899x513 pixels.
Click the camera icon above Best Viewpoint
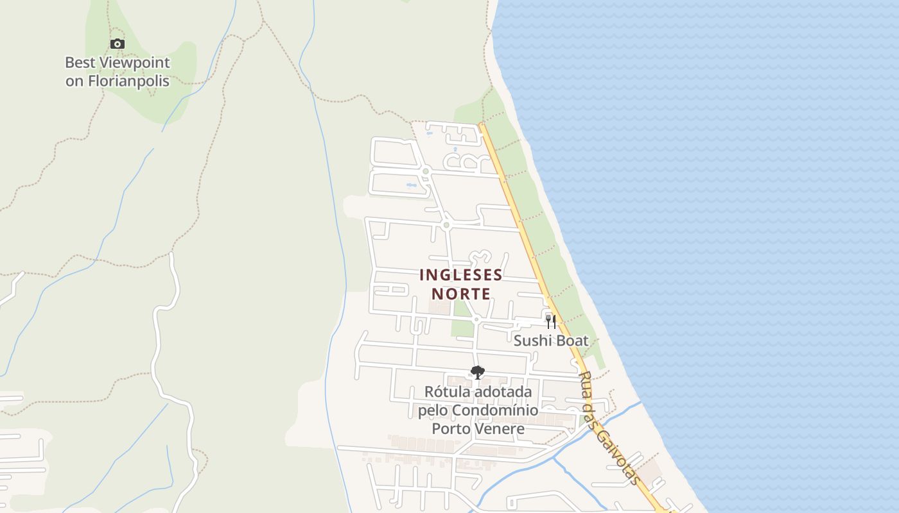(117, 44)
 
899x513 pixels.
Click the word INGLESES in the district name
(460, 275)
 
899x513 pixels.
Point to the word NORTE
(460, 294)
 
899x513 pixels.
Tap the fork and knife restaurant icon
(550, 321)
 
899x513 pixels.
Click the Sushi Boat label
(550, 341)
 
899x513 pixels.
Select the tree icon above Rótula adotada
(477, 373)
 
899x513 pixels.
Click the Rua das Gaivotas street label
(609, 428)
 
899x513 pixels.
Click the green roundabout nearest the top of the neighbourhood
(425, 171)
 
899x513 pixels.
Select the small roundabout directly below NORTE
(476, 319)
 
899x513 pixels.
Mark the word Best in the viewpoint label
(80, 63)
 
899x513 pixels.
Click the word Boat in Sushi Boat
(572, 341)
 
